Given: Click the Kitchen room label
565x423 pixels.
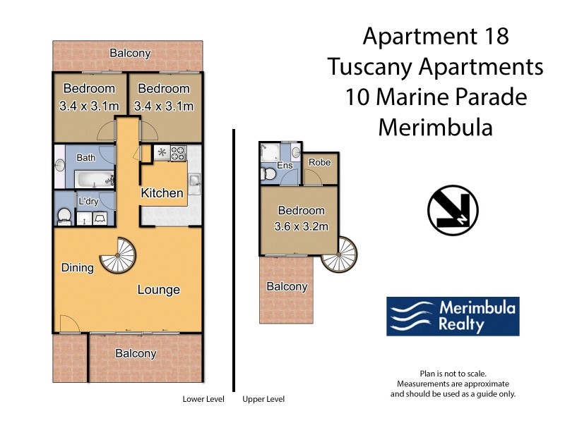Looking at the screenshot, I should tap(162, 193).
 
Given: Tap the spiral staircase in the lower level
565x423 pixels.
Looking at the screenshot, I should tap(117, 255).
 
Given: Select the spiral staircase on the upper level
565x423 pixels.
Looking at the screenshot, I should tap(339, 254).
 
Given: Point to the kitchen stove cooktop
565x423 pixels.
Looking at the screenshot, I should tap(176, 152).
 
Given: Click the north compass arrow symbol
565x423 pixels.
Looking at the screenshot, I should tap(453, 211).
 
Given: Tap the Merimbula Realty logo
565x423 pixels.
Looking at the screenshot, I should tap(453, 316).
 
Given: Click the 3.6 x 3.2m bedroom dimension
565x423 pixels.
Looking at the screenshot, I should tap(301, 226).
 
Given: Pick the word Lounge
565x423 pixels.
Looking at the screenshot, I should tap(158, 290).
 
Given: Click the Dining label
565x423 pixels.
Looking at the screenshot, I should tap(78, 267).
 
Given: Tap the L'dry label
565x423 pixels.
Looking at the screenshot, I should tap(88, 201).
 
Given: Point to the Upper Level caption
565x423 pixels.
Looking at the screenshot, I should tap(263, 399).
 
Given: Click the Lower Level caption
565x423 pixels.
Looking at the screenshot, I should tap(203, 399).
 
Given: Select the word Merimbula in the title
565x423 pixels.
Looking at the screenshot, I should tap(435, 128).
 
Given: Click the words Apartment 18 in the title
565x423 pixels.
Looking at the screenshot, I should tap(435, 36).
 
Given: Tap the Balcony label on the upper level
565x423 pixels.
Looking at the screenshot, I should tap(287, 286).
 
